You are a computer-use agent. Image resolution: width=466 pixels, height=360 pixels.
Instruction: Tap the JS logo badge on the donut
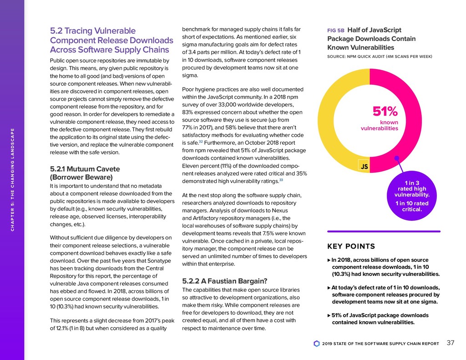pyautogui.click(x=364, y=167)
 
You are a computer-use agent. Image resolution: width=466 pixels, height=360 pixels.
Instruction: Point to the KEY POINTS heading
pyautogui.click(x=351, y=247)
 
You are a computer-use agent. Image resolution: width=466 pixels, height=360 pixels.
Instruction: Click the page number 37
pyautogui.click(x=451, y=343)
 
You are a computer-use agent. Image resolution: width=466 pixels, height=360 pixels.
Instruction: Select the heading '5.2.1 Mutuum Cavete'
pyautogui.click(x=80, y=168)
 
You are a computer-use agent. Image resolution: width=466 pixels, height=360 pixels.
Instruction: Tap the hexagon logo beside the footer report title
pyautogui.click(x=317, y=344)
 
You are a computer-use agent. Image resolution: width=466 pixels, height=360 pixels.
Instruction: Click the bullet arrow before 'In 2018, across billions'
pyautogui.click(x=329, y=260)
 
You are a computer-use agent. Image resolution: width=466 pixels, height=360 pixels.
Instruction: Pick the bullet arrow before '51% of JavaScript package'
pyautogui.click(x=329, y=315)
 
